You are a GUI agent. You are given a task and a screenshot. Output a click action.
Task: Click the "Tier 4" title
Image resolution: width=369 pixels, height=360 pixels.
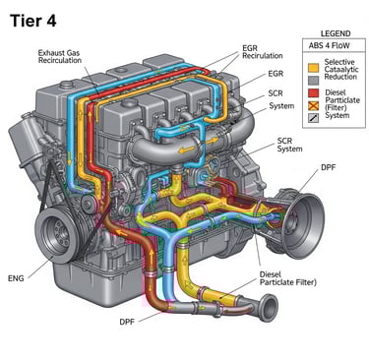click(33, 21)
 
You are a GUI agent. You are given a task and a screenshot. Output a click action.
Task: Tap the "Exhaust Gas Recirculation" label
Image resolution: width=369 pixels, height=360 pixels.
click(60, 56)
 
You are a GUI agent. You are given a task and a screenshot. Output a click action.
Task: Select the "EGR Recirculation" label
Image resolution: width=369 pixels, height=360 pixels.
click(262, 52)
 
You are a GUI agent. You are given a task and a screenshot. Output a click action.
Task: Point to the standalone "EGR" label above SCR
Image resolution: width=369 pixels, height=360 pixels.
click(276, 74)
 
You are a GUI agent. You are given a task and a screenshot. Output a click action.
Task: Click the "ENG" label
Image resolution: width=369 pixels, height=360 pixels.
click(16, 278)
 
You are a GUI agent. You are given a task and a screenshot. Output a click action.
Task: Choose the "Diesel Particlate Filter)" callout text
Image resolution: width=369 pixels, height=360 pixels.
click(288, 278)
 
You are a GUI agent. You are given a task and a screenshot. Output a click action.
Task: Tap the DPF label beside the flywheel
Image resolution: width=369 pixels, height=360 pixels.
click(328, 167)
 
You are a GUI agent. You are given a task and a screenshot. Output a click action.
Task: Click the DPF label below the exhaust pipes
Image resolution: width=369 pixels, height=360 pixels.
click(127, 322)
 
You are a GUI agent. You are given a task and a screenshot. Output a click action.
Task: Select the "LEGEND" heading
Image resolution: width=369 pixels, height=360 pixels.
click(336, 33)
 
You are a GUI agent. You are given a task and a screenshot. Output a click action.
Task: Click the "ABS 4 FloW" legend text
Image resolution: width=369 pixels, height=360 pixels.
click(329, 45)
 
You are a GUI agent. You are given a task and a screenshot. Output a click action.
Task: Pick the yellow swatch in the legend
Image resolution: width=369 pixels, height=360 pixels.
click(313, 68)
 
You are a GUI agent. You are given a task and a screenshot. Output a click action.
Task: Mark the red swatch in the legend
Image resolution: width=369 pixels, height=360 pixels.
click(313, 92)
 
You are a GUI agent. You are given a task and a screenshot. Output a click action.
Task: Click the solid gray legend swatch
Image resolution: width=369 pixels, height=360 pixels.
click(313, 81)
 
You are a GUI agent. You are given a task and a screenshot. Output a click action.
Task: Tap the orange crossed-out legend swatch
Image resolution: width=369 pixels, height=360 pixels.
click(313, 105)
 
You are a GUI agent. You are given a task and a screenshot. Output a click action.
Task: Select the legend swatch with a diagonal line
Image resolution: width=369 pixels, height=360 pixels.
click(313, 118)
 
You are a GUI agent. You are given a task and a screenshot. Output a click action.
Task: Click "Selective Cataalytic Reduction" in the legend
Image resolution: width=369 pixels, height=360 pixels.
click(341, 69)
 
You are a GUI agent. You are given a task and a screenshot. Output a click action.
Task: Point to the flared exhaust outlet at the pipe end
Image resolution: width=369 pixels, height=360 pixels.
click(269, 308)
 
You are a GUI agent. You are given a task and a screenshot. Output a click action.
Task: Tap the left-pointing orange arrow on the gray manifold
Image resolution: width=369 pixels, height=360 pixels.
click(186, 150)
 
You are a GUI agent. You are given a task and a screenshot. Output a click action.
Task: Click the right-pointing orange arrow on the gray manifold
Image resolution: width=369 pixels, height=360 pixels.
click(212, 142)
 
